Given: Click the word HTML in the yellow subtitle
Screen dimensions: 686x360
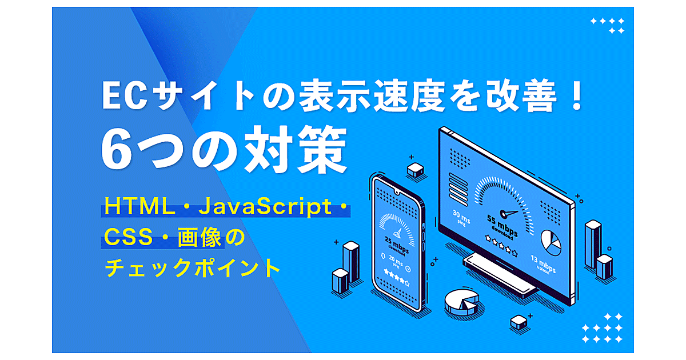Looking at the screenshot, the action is (x=139, y=206).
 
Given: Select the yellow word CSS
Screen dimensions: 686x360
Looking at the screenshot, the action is (x=128, y=237).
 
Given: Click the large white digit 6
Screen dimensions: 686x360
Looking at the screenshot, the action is (x=117, y=150).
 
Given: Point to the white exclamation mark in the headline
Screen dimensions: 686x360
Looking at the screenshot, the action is (x=577, y=95).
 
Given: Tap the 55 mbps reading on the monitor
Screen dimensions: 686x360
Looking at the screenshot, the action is (x=502, y=225).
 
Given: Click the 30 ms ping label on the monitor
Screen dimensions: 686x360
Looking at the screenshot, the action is (x=461, y=218).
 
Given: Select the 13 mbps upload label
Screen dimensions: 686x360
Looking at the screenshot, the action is (x=543, y=263).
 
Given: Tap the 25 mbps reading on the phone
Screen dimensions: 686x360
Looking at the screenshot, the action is (x=397, y=245).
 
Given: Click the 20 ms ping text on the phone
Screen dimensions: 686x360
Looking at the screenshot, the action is (x=396, y=262).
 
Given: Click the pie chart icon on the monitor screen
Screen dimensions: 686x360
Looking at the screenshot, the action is (x=551, y=243).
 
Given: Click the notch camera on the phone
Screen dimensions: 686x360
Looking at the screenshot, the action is (x=397, y=193).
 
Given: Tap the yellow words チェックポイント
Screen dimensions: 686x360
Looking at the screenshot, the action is (x=192, y=267).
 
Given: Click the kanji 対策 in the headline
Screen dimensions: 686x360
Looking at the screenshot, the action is (x=296, y=149).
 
